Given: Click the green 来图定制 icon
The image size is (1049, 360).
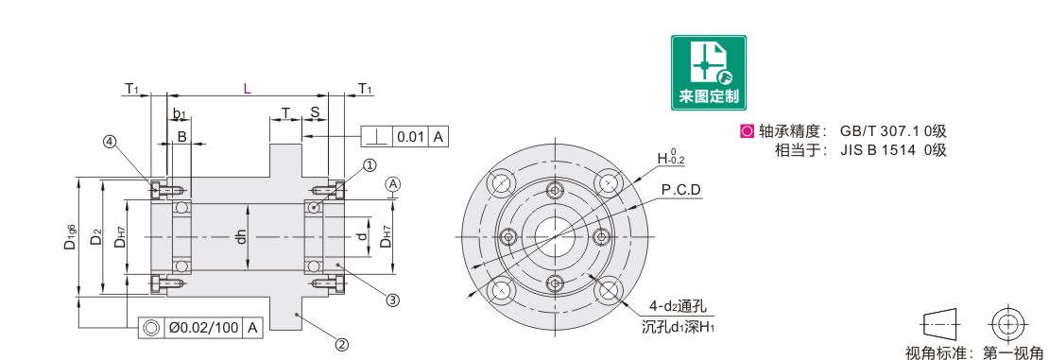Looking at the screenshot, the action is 709,72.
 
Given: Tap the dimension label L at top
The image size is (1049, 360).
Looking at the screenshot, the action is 247,89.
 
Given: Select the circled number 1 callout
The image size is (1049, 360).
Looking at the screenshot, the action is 369,164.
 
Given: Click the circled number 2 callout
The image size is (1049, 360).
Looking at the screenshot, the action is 341,345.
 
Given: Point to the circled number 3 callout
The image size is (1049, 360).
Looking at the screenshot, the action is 393,300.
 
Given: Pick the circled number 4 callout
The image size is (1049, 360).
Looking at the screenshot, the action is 110,142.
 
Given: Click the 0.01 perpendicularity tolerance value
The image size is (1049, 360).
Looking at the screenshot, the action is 410,137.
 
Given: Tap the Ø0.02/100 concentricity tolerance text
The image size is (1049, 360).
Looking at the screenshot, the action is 203,328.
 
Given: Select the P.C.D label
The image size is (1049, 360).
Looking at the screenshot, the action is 680,190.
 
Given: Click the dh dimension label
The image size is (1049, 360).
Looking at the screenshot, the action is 242,237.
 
